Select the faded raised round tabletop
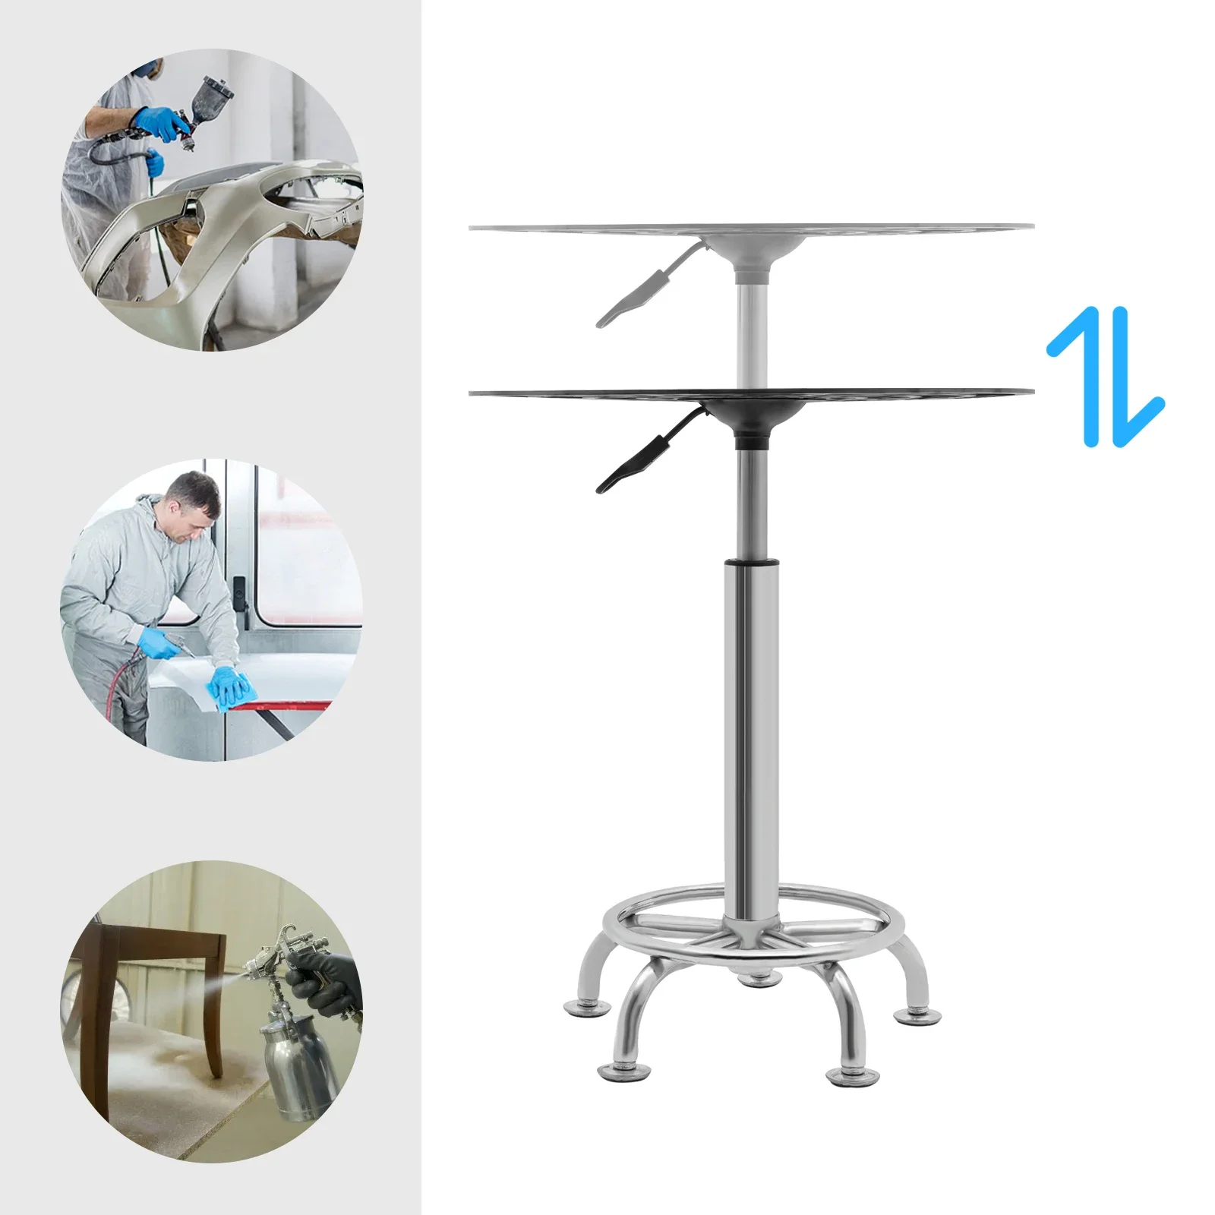(752, 228)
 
